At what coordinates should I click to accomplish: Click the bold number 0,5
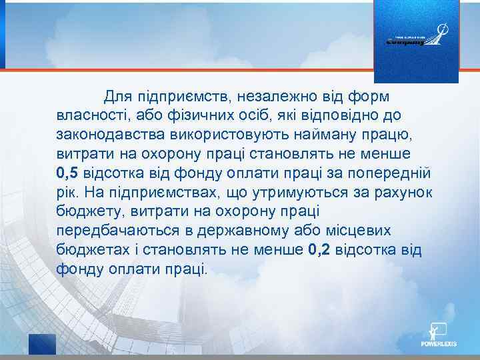68,175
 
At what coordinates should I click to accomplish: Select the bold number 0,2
321,251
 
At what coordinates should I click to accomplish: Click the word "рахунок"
401,194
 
